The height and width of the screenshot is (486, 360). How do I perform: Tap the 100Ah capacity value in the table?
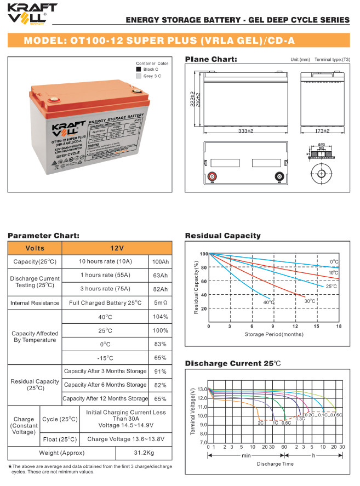[x=161, y=261]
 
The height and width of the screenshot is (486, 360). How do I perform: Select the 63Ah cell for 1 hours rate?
[x=161, y=275]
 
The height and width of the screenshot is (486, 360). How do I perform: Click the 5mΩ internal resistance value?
[x=161, y=302]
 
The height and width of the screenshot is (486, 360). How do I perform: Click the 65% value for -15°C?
[x=161, y=358]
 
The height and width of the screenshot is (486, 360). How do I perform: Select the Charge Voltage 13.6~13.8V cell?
[x=125, y=439]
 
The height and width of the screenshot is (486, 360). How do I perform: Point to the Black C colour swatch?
[x=138, y=70]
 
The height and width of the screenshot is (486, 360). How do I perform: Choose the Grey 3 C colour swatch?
[x=138, y=76]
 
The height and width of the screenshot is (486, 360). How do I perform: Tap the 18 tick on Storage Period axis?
[x=339, y=326]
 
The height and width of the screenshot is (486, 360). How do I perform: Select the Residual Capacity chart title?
[x=222, y=236]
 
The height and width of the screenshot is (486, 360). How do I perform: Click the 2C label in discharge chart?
[x=260, y=423]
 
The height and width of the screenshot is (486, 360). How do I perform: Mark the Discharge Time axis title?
[x=275, y=464]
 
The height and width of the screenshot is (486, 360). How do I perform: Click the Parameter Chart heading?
[x=43, y=236]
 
